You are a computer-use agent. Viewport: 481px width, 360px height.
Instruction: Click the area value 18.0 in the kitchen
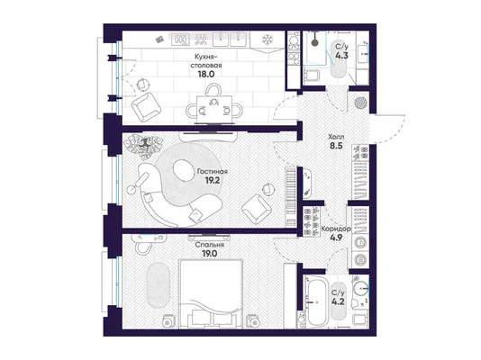[x=206, y=74]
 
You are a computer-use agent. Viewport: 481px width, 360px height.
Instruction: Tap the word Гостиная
[x=213, y=172]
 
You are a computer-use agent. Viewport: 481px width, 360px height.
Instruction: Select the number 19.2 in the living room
[x=213, y=181]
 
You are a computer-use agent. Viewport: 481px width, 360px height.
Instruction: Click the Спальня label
[x=210, y=245]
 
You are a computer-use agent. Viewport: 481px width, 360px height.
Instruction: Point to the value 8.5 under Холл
[x=336, y=146]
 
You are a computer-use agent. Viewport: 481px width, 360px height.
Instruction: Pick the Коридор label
[x=336, y=229]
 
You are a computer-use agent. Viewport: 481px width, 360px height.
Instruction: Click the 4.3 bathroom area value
[x=341, y=56]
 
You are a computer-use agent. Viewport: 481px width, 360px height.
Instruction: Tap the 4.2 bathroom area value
[x=338, y=301]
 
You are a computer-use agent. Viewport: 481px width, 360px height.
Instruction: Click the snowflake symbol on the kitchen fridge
[x=268, y=40]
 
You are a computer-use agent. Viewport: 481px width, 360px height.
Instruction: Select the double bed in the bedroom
[x=212, y=294]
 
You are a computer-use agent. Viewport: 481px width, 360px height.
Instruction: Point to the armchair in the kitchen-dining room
[x=146, y=107]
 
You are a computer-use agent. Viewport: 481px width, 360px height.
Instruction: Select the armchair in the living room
[x=257, y=209]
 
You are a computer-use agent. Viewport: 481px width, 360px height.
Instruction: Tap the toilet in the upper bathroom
[x=311, y=75]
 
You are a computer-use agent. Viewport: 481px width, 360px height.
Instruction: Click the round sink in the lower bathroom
[x=360, y=288]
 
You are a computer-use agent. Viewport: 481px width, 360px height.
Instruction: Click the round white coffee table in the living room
[x=183, y=170]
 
